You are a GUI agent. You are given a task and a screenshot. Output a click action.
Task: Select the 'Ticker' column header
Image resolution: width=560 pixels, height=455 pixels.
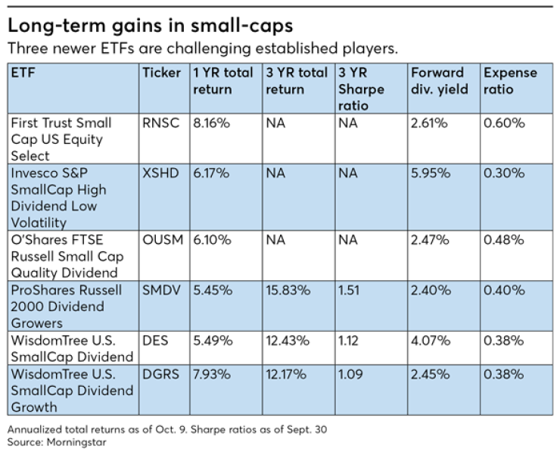pos(161,73)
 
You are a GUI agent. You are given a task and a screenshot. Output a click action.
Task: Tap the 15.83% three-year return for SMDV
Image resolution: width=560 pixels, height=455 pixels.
pos(288,291)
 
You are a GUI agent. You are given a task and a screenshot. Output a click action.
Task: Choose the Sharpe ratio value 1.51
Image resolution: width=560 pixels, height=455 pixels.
pos(350,291)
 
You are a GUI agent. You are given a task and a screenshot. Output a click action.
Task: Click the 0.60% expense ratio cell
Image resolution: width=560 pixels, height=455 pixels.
pos(504,123)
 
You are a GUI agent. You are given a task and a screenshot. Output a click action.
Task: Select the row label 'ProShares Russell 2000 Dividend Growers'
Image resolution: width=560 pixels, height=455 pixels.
pos(61,307)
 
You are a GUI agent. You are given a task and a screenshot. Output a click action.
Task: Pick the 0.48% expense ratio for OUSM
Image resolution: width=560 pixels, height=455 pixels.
pos(504,239)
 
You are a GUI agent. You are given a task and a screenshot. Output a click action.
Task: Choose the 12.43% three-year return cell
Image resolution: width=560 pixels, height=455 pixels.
pos(288,341)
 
